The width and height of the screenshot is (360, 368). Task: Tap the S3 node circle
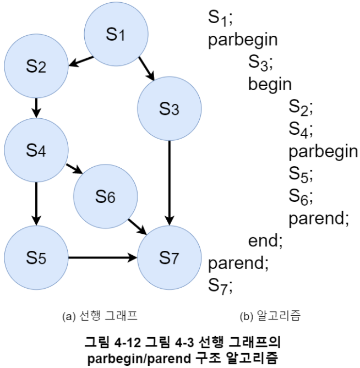point(170,109)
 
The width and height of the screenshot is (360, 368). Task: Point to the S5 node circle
point(36,257)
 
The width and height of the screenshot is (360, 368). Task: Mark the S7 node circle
point(170,257)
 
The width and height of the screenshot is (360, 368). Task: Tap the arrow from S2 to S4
point(36,108)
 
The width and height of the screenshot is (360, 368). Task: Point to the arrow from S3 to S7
point(170,182)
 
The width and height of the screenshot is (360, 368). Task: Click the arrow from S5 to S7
point(102,257)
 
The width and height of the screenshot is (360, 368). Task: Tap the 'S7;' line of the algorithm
point(221,285)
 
